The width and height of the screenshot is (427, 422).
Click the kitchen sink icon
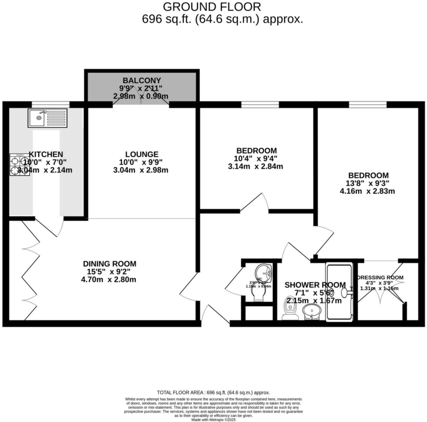pos(47,118)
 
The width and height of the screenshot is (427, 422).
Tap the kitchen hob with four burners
pos(20,165)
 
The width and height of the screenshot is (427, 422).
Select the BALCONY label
pos(142,81)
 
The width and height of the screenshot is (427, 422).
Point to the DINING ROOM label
pos(110,264)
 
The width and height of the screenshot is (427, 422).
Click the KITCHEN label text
pos(46,154)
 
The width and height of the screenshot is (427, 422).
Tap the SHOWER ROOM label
pos(315,285)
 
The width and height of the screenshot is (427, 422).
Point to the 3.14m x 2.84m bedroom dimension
pos(255,167)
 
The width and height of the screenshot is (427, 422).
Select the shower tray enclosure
pos(339,292)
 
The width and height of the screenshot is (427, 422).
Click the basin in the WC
pos(264,273)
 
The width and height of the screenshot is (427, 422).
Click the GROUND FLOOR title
pos(212,6)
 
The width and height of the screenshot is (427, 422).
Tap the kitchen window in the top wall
pos(50,104)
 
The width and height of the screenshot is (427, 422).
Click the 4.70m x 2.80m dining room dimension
pos(108,280)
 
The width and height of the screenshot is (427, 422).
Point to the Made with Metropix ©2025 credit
pos(214,420)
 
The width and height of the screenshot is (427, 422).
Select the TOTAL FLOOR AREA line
pos(213,393)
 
